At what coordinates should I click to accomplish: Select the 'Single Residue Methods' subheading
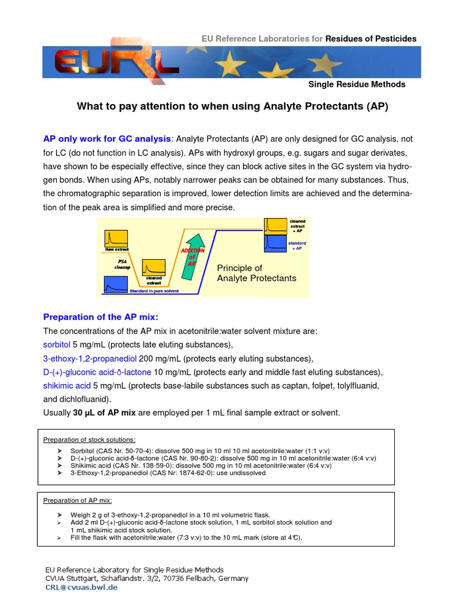[x=356, y=84]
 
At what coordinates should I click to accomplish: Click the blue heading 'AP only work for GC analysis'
[x=107, y=139]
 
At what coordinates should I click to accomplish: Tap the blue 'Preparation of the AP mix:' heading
[x=101, y=317]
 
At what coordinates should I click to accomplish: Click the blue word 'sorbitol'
[x=57, y=344]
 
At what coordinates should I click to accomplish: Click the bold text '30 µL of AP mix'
[x=108, y=412]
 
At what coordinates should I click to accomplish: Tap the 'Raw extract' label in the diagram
[x=116, y=249]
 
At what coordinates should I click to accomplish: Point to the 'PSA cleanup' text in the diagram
[x=122, y=264]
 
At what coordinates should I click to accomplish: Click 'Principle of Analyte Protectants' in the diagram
[x=257, y=273]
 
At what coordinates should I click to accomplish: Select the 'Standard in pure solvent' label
[x=150, y=291]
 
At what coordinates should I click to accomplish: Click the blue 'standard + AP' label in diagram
[x=297, y=246]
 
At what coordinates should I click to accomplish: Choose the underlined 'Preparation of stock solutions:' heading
[x=89, y=440]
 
